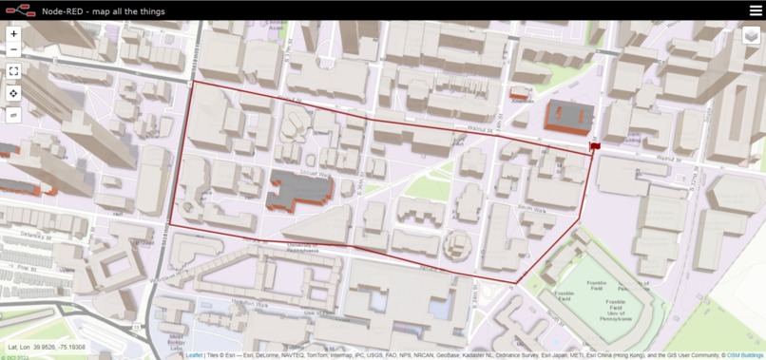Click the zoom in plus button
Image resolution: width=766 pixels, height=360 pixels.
coord(13,33)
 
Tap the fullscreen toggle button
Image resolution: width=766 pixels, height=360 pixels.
coord(13,71)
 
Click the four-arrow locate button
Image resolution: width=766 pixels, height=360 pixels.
coord(13,93)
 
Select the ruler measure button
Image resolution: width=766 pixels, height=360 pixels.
coord(13,115)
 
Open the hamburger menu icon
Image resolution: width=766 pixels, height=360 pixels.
coord(756,10)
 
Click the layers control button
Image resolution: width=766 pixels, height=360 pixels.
coord(752,36)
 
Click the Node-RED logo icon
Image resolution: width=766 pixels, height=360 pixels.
coord(20,10)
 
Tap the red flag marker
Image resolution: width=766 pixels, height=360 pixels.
coord(595,145)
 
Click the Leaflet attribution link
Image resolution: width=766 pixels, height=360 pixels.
coord(194,355)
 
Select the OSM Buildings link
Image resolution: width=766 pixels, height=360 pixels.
coord(745,355)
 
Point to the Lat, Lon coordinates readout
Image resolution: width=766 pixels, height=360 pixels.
coord(47,348)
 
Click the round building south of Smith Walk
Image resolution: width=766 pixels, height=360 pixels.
coord(457,244)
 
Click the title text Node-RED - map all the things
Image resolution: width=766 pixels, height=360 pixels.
coord(104,11)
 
